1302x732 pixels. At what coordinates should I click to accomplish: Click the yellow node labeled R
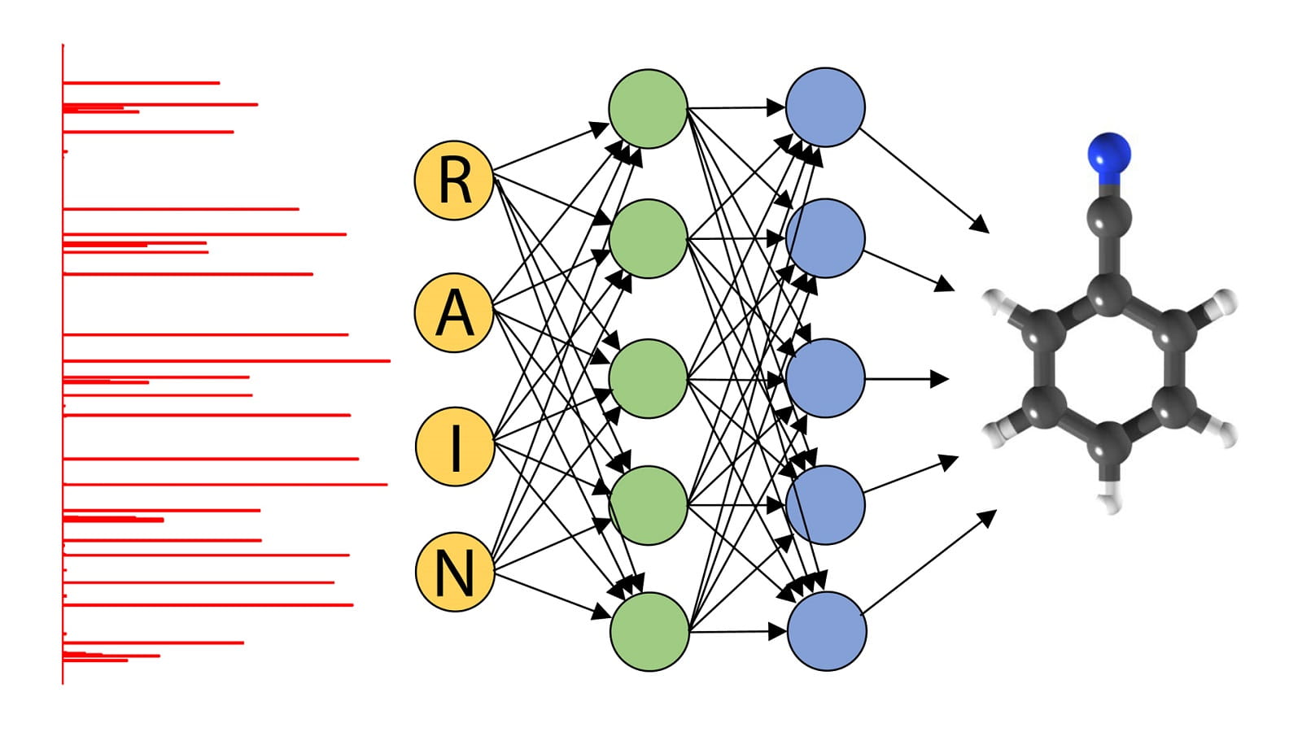454,180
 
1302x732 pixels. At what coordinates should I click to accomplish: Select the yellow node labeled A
454,312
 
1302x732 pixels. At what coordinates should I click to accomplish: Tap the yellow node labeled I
454,447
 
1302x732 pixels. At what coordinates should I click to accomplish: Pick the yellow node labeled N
454,572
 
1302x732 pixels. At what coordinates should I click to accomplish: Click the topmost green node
649,108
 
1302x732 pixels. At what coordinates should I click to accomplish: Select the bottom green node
649,631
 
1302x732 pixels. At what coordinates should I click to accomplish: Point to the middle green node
649,378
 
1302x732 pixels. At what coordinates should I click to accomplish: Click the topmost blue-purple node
825,107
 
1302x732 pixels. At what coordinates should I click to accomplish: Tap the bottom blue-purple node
826,631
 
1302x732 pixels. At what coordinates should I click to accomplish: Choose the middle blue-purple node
825,378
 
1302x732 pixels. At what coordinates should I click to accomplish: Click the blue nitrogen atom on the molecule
1109,153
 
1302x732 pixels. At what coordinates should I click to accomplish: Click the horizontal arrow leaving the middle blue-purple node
903,379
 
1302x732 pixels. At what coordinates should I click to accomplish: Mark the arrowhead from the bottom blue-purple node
988,516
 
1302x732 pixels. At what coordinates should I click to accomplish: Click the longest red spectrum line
228,360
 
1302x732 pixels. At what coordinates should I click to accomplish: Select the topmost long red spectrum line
142,83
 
